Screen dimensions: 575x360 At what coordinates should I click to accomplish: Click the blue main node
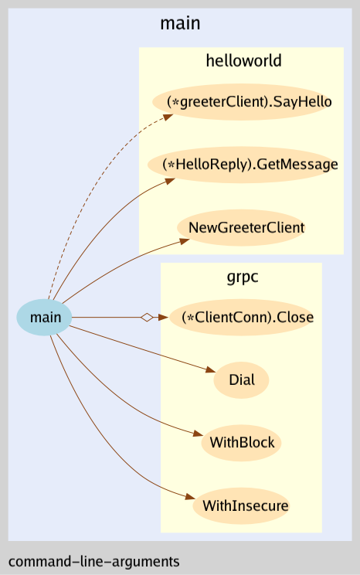(45, 317)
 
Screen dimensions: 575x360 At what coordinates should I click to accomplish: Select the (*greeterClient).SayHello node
(243, 102)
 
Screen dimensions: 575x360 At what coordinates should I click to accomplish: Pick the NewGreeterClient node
(240, 228)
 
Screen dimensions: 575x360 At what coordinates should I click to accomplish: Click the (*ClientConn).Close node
(242, 317)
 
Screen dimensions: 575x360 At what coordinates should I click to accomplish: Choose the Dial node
(241, 380)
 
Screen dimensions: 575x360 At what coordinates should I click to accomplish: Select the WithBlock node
(241, 444)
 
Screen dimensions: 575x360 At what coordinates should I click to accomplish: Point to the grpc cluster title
(241, 276)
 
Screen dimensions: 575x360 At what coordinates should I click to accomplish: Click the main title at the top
(180, 23)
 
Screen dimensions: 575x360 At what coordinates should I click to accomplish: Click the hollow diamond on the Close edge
(146, 317)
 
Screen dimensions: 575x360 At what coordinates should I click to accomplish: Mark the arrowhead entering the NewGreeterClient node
(184, 241)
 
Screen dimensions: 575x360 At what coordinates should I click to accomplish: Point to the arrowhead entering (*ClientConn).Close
(163, 317)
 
